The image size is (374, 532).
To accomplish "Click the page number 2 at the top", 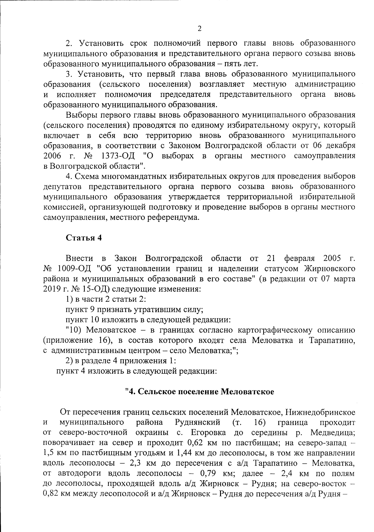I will pos(199,29).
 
